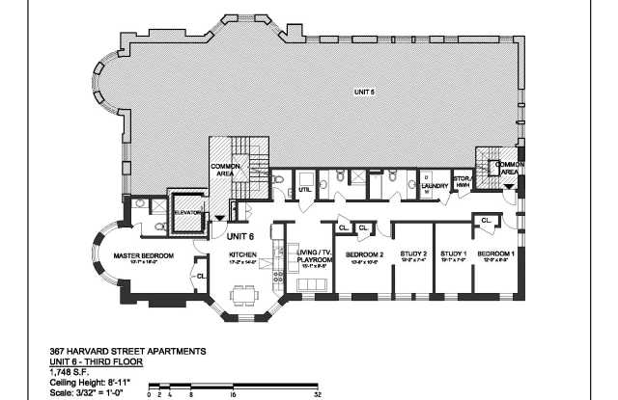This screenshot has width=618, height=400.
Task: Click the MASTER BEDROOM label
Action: (x=143, y=255)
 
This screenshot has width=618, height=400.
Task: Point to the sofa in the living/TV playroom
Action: (x=313, y=286)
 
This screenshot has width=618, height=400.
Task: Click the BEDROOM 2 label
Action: (x=367, y=255)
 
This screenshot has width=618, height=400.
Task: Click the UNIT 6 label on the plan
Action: (x=239, y=234)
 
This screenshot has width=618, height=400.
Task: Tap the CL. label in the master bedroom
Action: (x=201, y=277)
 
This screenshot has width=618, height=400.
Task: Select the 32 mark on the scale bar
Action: (x=318, y=394)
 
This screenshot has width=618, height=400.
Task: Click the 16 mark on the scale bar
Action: (x=234, y=394)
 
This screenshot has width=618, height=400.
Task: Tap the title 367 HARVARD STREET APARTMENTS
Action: (x=126, y=352)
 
